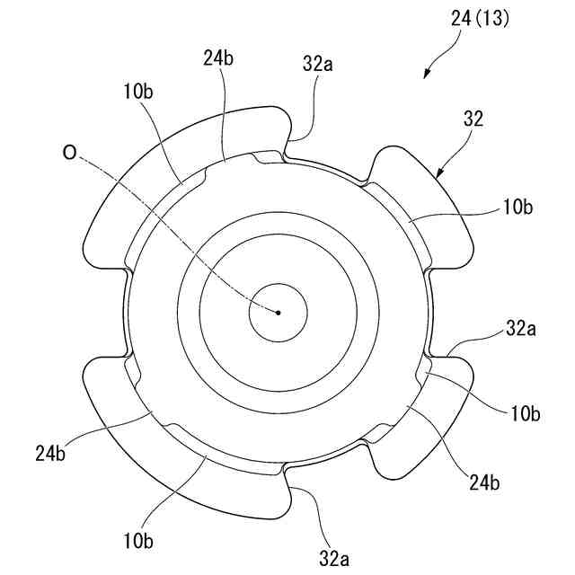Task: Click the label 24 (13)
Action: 478,19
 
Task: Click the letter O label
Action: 69,153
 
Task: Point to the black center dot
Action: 279,313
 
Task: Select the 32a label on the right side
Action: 522,329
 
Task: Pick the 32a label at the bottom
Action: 332,559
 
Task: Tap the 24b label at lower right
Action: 485,481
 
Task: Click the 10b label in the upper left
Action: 139,92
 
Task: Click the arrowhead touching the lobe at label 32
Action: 441,173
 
